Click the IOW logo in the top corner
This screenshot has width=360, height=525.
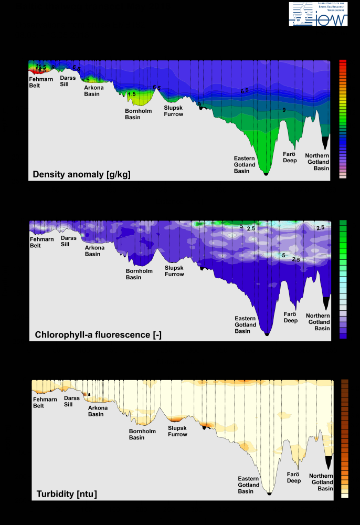point(318,14)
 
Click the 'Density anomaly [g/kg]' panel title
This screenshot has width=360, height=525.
point(81,174)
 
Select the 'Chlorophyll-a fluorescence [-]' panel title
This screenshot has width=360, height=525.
point(98,334)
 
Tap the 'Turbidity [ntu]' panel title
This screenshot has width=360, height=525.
point(67,493)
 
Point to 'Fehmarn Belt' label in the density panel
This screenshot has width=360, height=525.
point(41,82)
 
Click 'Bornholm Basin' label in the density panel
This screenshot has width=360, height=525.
point(136,114)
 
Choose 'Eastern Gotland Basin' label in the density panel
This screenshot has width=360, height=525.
point(245,164)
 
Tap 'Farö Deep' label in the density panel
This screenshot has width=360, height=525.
point(290,157)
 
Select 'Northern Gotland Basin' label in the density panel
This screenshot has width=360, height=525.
point(317,162)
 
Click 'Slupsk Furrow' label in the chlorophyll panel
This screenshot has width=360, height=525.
point(174,271)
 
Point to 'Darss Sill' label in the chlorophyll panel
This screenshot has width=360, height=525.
point(69,241)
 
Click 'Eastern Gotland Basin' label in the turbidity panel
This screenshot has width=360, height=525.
point(249,485)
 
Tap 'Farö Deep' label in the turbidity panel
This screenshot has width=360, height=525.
point(294,477)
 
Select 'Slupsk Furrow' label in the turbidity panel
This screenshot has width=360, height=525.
point(177,431)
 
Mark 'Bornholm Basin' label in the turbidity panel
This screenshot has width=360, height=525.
point(141,434)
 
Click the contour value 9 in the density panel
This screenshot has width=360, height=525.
point(284,110)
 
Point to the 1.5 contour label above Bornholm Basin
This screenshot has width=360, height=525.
point(132,94)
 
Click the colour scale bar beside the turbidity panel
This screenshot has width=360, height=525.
point(345,438)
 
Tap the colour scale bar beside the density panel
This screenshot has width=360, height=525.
point(343,119)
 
